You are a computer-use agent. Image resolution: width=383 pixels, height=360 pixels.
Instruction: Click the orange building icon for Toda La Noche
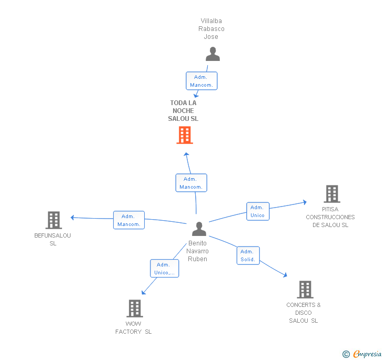click(185, 135)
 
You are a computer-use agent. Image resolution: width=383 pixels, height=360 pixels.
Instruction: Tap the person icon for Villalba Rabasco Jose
click(213, 54)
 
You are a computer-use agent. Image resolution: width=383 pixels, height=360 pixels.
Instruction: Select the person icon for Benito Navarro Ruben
click(199, 229)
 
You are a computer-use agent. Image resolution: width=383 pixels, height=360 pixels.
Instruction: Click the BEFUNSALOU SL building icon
click(54, 220)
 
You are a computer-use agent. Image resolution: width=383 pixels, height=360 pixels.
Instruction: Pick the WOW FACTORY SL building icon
click(135, 308)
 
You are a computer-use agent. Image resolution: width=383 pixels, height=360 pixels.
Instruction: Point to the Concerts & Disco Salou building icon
click(305, 290)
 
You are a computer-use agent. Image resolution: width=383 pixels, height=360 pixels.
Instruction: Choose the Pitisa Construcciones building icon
click(332, 194)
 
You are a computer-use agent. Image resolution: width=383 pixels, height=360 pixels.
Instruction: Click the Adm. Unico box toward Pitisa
click(258, 211)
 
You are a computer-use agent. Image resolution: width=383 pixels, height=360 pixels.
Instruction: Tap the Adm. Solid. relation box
click(248, 255)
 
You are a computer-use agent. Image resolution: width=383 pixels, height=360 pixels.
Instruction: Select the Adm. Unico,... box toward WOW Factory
click(164, 269)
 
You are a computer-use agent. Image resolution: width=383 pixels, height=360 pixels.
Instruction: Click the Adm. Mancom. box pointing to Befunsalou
click(129, 220)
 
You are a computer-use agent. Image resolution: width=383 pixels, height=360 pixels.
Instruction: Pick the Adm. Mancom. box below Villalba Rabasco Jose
click(201, 81)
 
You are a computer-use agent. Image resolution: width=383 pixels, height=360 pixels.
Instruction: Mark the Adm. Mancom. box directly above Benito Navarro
click(191, 183)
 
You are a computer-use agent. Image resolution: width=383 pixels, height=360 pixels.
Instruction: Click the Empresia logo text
click(367, 354)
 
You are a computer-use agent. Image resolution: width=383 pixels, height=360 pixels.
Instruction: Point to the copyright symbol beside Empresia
click(346, 354)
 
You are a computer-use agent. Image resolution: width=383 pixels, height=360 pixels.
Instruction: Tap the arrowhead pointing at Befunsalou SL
click(72, 218)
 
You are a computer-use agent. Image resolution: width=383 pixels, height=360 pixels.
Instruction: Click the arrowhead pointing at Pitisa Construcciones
click(305, 202)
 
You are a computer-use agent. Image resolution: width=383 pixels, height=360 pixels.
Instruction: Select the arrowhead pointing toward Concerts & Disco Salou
click(285, 275)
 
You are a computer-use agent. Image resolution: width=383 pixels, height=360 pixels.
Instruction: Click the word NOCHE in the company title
click(183, 111)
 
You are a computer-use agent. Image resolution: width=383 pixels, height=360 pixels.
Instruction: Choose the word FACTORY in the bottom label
click(128, 332)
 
